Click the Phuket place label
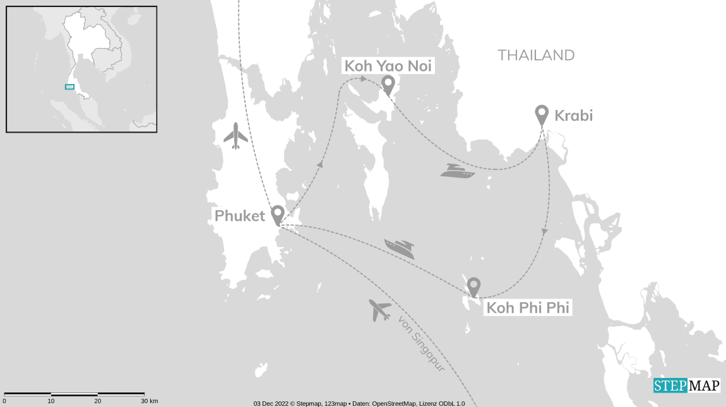coord(239,216)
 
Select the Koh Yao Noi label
coord(388,66)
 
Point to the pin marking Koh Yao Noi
coord(388,84)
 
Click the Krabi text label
coord(573,116)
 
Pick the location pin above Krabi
coord(541,114)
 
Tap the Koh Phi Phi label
coord(528,308)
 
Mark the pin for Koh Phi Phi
coord(473,287)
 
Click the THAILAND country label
coord(536,56)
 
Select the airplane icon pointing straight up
coord(235,135)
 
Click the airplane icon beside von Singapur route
coord(379,310)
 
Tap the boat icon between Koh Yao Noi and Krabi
coord(457,171)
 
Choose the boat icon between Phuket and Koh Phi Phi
coord(400,248)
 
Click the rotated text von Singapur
coord(421,343)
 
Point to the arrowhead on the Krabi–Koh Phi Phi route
coord(544,232)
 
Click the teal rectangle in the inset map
coord(69,87)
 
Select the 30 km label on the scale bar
coord(150,401)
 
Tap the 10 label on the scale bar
coord(51,401)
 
